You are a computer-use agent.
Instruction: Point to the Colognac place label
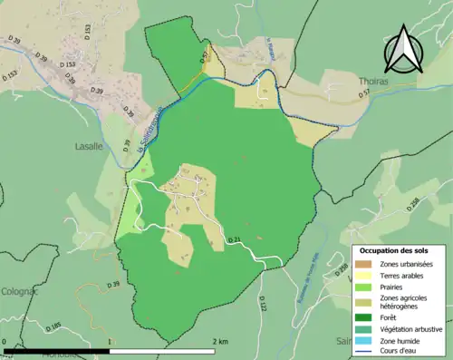click(18, 291)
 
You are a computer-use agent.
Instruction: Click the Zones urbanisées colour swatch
click(364, 263)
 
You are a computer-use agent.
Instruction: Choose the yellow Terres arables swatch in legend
click(364, 275)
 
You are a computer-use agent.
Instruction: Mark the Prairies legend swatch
click(364, 287)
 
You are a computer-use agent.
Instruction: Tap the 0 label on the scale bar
click(5, 342)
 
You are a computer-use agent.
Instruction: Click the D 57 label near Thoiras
click(363, 93)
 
